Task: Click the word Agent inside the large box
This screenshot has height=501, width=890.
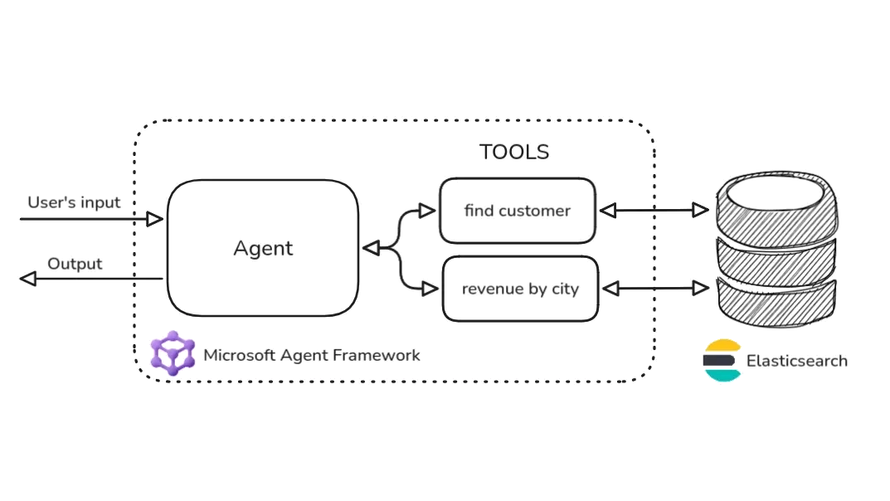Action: click(x=263, y=248)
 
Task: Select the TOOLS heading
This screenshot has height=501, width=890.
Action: click(x=514, y=152)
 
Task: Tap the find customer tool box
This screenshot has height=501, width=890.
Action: click(x=517, y=211)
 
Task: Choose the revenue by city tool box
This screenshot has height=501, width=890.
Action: click(x=520, y=289)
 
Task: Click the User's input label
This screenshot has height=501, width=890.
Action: click(x=74, y=202)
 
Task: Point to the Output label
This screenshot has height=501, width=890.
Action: click(x=75, y=264)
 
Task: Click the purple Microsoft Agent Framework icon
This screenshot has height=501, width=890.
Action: click(x=173, y=353)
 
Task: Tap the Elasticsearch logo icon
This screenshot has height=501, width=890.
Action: click(x=721, y=361)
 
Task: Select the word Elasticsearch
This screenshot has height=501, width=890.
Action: click(x=796, y=361)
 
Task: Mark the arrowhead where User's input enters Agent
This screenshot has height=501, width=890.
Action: click(x=155, y=219)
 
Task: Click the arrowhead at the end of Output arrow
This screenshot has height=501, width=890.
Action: click(x=28, y=280)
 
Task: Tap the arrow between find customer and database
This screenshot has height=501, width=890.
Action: click(x=653, y=210)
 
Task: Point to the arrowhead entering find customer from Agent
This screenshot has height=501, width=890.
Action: click(x=427, y=211)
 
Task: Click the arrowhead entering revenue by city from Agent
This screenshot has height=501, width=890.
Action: click(x=429, y=289)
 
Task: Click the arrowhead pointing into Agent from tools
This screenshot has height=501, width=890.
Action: click(x=371, y=248)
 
